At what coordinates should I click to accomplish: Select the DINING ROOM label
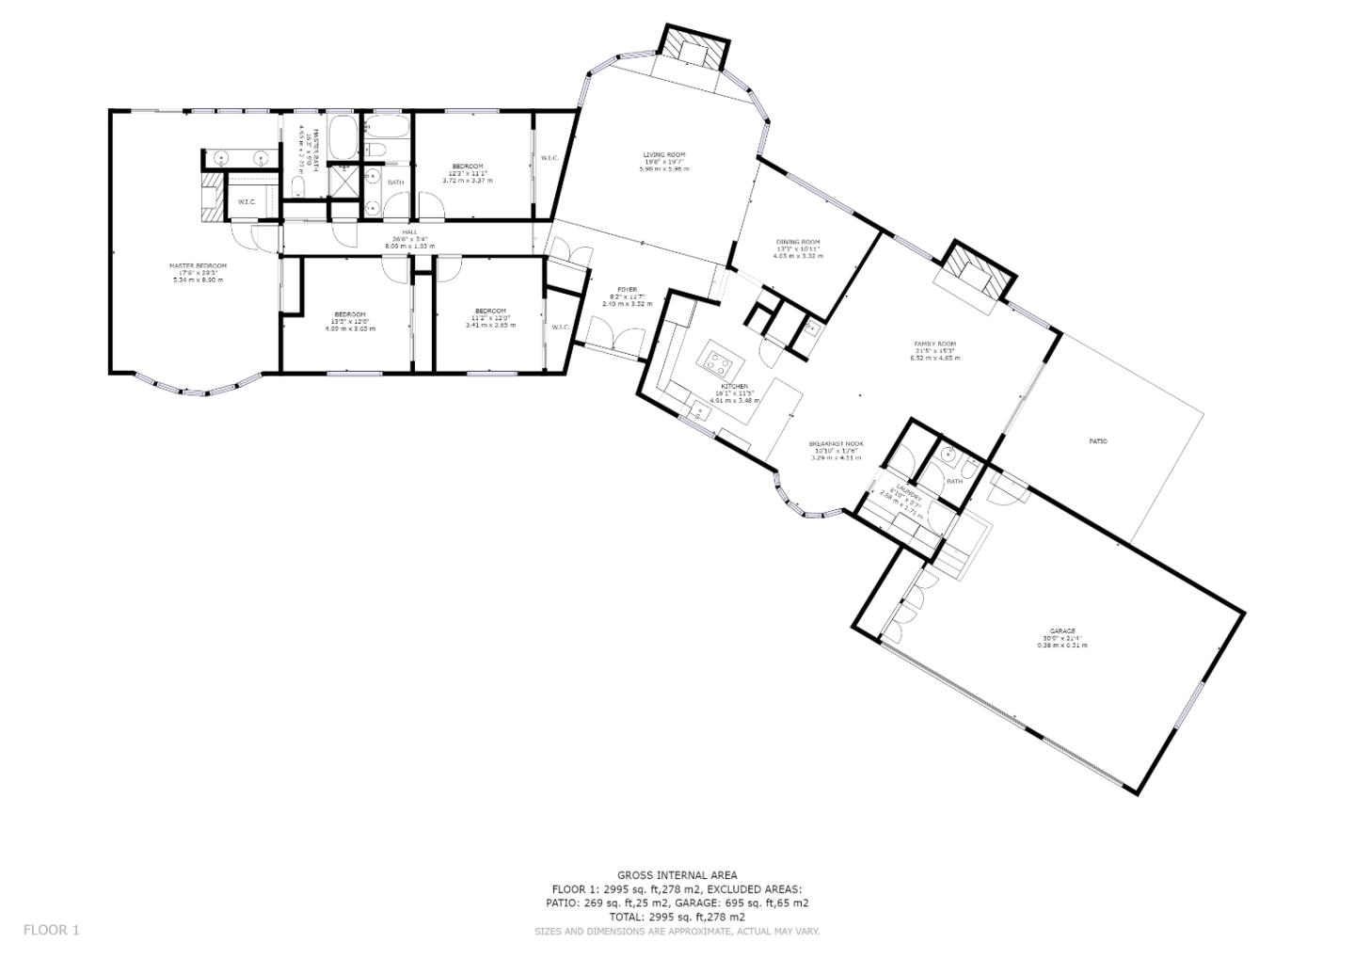click(797, 248)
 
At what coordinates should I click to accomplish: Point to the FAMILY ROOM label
click(934, 351)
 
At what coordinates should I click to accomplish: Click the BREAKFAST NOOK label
click(836, 450)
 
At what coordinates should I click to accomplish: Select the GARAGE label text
click(1061, 638)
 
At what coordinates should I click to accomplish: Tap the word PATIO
click(1098, 441)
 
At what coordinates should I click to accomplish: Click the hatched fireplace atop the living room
click(695, 47)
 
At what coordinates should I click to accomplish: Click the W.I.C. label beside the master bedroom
click(247, 201)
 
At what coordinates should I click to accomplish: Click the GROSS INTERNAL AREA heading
click(677, 875)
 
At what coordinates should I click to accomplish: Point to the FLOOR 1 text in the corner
click(52, 930)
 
